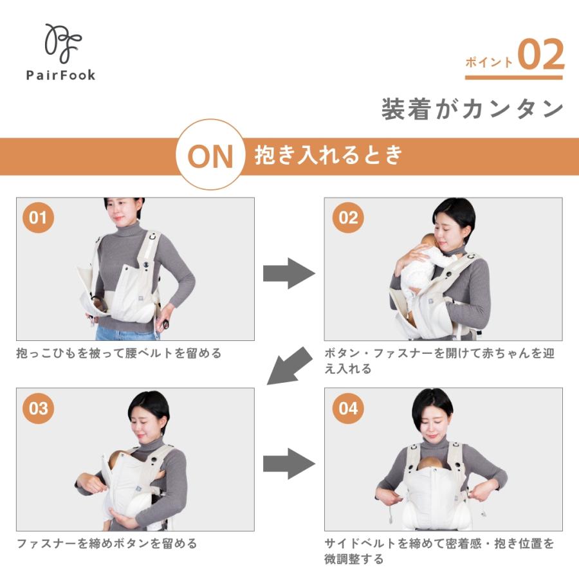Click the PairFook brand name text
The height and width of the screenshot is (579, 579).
(60, 75)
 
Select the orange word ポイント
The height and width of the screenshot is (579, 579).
(489, 62)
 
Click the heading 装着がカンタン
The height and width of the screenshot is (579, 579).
(473, 109)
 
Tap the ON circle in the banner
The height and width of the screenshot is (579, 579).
(210, 155)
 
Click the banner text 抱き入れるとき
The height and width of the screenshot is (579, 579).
(328, 155)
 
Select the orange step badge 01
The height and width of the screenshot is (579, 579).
(39, 217)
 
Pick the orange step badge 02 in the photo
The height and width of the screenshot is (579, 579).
(347, 217)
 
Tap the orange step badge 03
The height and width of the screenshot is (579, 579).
(39, 409)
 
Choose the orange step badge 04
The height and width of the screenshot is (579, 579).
(347, 409)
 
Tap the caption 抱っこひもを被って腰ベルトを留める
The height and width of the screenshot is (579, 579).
(119, 353)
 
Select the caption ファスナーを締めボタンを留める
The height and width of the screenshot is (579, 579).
(107, 544)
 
